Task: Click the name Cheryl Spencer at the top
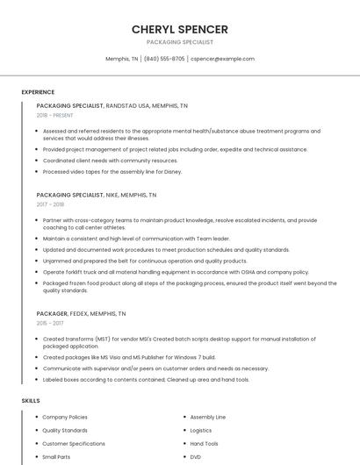[x=179, y=29]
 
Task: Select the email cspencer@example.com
[x=222, y=59]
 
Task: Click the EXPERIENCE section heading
[x=38, y=92]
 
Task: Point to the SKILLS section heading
[x=31, y=401]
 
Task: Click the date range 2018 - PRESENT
[x=55, y=115]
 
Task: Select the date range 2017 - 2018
[x=50, y=204]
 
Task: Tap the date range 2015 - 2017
[x=49, y=323]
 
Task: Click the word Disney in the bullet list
[x=171, y=171]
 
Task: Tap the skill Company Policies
[x=65, y=418]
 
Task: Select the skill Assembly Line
[x=207, y=418]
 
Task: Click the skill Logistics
[x=201, y=431]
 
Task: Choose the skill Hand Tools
[x=204, y=444]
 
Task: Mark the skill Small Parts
[x=56, y=457]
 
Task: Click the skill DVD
[x=196, y=457]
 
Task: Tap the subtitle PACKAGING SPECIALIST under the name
[x=179, y=41]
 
